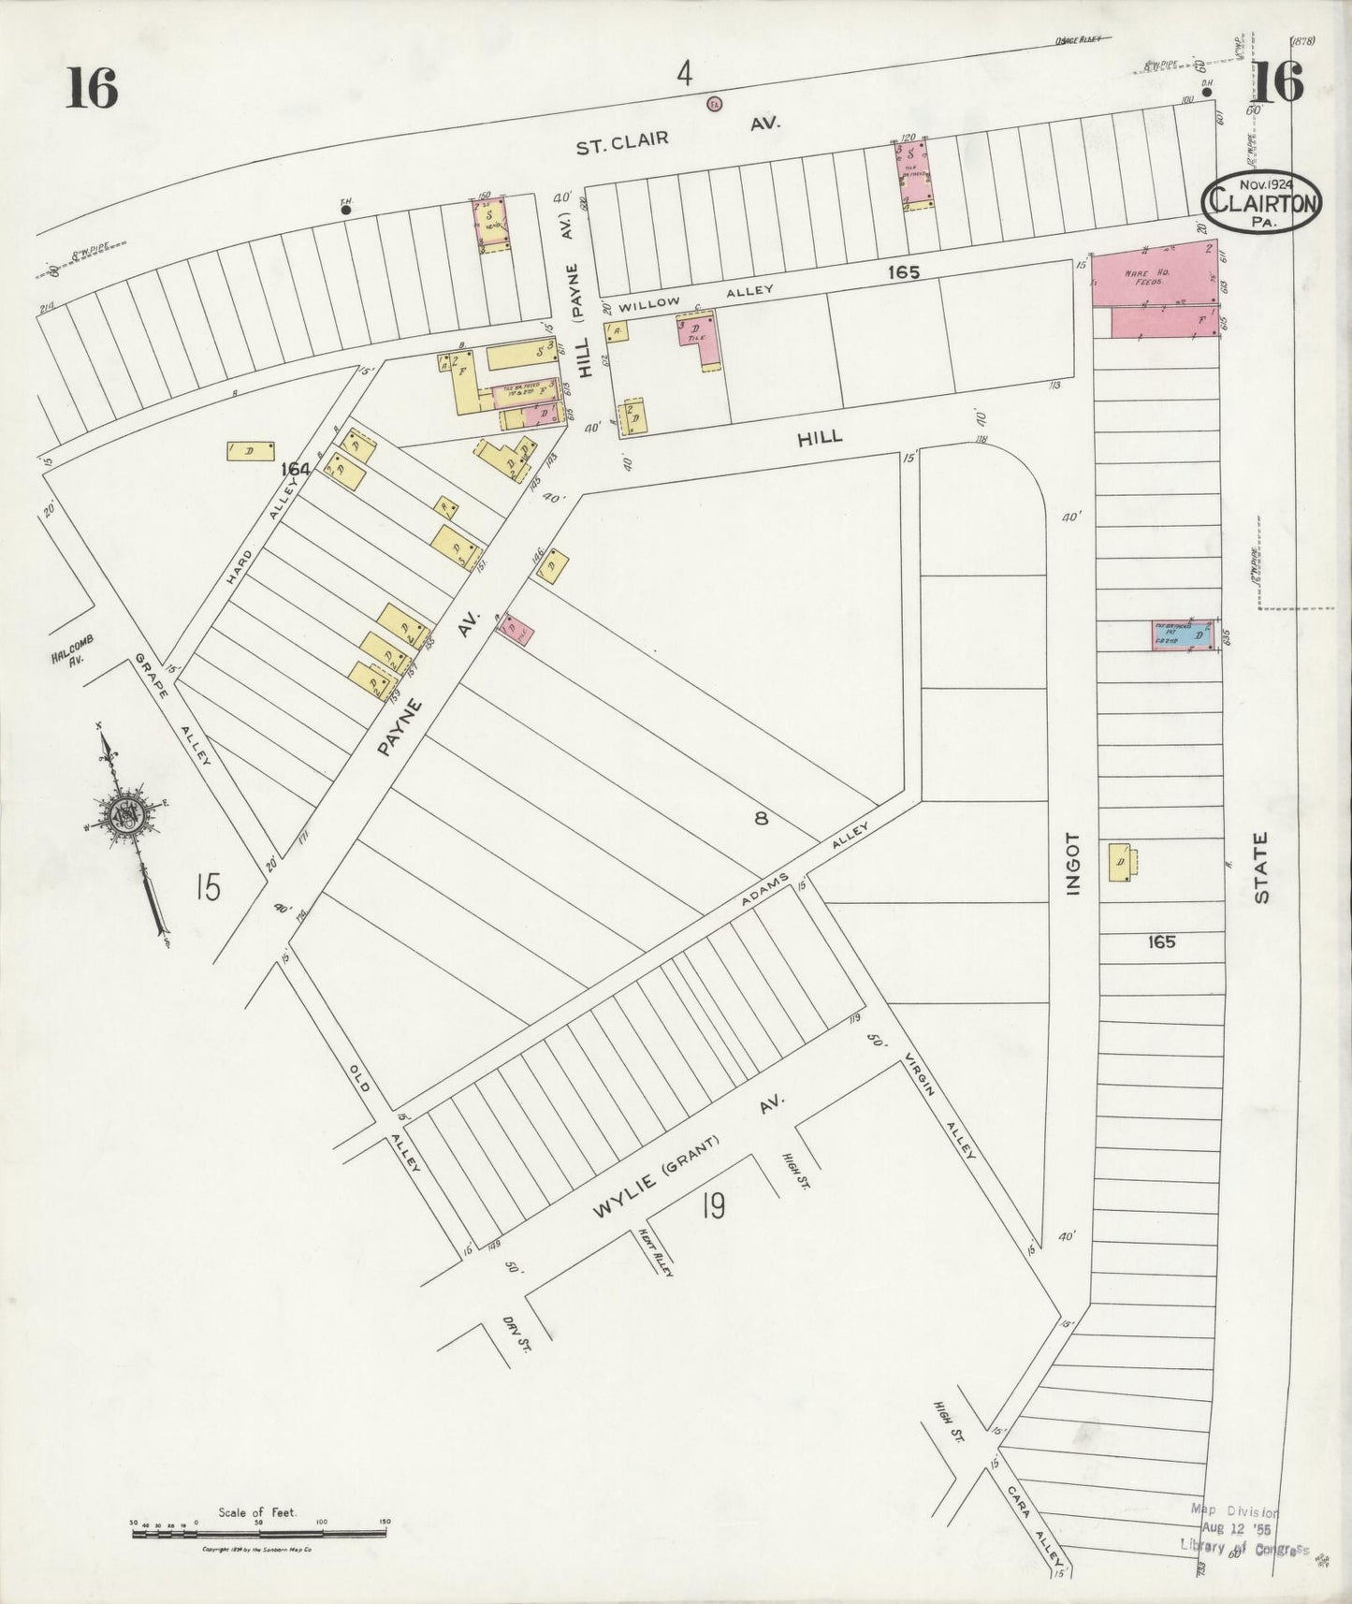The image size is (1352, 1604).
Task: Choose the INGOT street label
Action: (x=1072, y=863)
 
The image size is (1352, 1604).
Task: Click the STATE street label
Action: (x=1261, y=868)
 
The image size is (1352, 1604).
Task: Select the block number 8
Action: (x=762, y=818)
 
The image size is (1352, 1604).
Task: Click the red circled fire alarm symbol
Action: (x=714, y=104)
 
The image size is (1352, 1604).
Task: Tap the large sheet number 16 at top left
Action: (x=93, y=90)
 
